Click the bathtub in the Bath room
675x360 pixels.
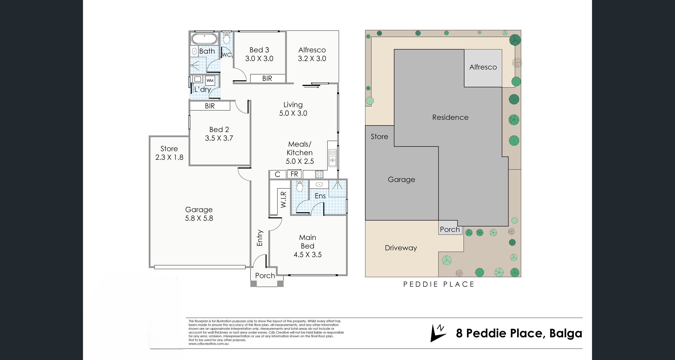click(x=204, y=39)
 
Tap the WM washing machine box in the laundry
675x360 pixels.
click(x=210, y=80)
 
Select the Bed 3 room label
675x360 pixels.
click(x=259, y=50)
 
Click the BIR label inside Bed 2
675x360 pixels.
click(x=210, y=106)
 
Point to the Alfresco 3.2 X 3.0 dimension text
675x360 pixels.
click(x=312, y=59)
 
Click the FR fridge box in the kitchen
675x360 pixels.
click(x=294, y=174)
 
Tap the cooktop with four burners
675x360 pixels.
click(x=319, y=174)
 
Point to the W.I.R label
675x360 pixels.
click(x=284, y=200)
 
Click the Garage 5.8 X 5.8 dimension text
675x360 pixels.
click(x=199, y=218)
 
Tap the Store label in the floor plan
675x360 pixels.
click(x=169, y=149)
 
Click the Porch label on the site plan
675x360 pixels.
click(x=450, y=229)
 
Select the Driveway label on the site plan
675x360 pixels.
click(x=401, y=248)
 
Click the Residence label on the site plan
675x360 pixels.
click(x=450, y=117)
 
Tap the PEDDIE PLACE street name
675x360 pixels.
click(x=439, y=284)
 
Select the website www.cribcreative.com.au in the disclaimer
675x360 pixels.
click(x=208, y=344)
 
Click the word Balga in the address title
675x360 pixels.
click(x=566, y=333)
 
